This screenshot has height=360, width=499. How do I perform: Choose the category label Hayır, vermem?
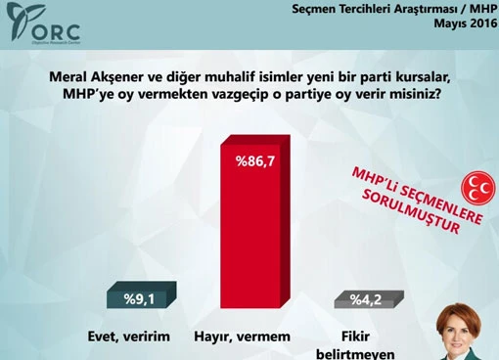click(250, 337)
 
